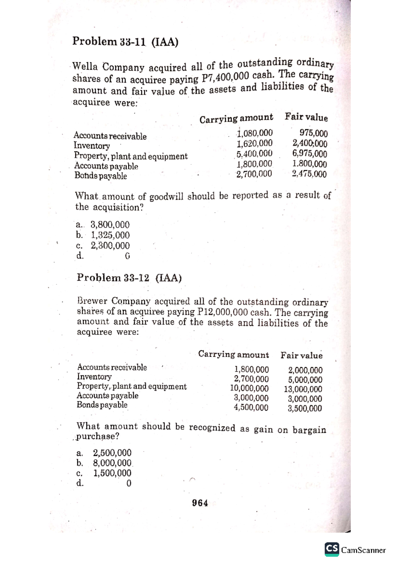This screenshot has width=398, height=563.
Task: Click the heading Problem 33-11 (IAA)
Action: tap(125, 42)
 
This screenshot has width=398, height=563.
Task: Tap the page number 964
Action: tap(200, 503)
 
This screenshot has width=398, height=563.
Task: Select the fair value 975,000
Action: tap(313, 134)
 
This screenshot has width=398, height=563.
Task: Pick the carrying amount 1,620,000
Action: tap(254, 144)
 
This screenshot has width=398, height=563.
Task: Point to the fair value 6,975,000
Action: tap(309, 154)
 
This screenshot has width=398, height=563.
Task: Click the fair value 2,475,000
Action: tap(309, 174)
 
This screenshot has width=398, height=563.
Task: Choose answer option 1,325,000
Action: tap(110, 235)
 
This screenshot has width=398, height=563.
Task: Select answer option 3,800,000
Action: tap(110, 225)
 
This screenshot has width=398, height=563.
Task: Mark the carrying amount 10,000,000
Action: tap(249, 388)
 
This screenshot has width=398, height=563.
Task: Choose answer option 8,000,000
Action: tap(112, 463)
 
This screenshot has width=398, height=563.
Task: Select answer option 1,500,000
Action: tap(112, 473)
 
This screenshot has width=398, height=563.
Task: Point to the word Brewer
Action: tap(93, 301)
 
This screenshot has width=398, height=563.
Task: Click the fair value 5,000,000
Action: tap(305, 380)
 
